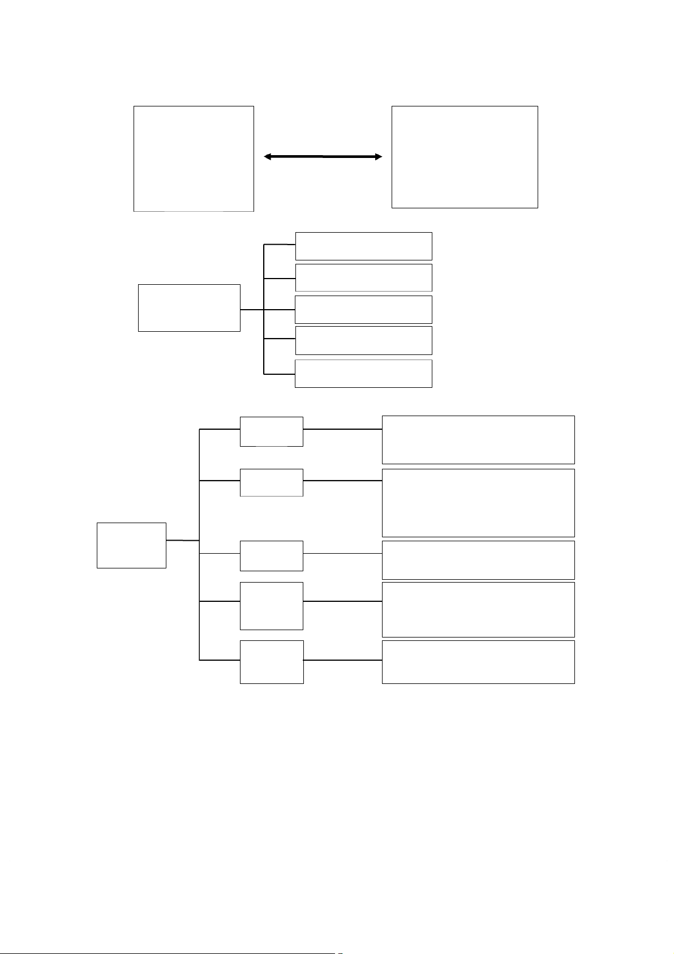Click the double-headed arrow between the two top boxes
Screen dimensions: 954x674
point(323,157)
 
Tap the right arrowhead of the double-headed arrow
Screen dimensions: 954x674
point(378,157)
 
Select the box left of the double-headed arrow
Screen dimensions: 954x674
point(194,159)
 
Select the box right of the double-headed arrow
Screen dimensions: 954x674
point(465,157)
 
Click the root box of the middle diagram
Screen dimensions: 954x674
point(189,308)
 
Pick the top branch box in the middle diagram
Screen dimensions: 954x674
point(364,246)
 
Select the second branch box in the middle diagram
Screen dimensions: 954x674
point(364,277)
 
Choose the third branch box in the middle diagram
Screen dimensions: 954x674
point(364,309)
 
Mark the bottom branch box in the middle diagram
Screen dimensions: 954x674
point(364,374)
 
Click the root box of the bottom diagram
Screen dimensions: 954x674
point(131,545)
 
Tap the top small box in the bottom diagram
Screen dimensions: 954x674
point(272,431)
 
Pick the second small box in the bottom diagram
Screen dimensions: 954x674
point(272,482)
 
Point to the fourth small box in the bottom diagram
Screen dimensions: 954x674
point(272,606)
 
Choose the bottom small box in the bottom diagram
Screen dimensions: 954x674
point(272,662)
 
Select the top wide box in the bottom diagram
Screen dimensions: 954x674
point(478,440)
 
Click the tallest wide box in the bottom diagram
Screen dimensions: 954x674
point(478,503)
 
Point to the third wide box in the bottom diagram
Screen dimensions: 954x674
point(478,560)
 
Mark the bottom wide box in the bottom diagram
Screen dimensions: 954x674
point(478,662)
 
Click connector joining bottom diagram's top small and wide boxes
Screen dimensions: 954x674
point(342,429)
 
